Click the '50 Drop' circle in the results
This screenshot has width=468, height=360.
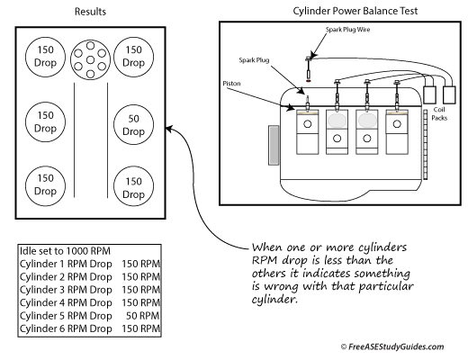tap(133, 125)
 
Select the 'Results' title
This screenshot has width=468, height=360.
tap(90, 12)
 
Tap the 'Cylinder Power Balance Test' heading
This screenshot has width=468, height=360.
tap(355, 11)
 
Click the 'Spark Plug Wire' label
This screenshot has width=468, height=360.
tap(347, 30)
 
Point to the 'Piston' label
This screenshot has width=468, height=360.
tap(231, 84)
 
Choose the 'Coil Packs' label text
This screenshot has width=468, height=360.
tap(439, 113)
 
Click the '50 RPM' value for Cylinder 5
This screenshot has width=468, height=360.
tap(142, 316)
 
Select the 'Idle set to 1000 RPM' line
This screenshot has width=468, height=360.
tap(65, 251)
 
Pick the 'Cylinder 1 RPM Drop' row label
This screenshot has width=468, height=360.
tap(66, 264)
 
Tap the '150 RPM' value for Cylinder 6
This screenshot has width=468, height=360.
tap(140, 328)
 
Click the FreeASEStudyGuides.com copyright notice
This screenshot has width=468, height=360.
tap(392, 346)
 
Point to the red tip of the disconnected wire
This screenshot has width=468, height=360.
tap(308, 80)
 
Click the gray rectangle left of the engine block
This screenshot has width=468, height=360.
tap(274, 145)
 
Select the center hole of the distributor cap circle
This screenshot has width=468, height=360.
tap(90, 60)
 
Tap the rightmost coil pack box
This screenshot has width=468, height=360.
tap(449, 95)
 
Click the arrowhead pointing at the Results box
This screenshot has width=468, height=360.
tap(168, 130)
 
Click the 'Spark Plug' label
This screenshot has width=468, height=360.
tap(254, 60)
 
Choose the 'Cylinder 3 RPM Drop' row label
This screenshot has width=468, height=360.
tap(66, 290)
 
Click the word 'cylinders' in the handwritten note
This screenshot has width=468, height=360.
tap(382, 247)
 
